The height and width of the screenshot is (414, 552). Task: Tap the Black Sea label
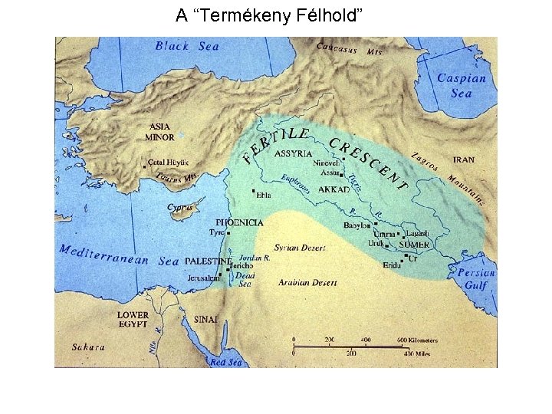click(187, 46)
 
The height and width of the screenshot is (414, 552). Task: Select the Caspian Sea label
click(462, 85)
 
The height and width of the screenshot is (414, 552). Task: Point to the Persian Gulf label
click(476, 278)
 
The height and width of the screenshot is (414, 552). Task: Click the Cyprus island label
click(180, 208)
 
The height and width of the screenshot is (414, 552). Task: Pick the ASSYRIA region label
click(293, 153)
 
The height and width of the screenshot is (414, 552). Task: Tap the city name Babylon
click(357, 225)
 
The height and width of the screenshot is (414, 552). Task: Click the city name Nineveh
click(325, 163)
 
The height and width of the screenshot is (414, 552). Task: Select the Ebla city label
click(264, 195)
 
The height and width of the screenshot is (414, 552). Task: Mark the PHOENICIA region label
click(239, 222)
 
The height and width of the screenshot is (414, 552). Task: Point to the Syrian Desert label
click(300, 248)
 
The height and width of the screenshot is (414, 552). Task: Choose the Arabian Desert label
click(307, 283)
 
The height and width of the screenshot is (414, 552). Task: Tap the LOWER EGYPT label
click(133, 320)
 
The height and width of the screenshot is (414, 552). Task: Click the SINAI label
click(205, 319)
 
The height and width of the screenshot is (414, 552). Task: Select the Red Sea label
click(226, 362)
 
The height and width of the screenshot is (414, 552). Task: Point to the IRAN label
click(463, 160)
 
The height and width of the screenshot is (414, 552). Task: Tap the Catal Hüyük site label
click(168, 163)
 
